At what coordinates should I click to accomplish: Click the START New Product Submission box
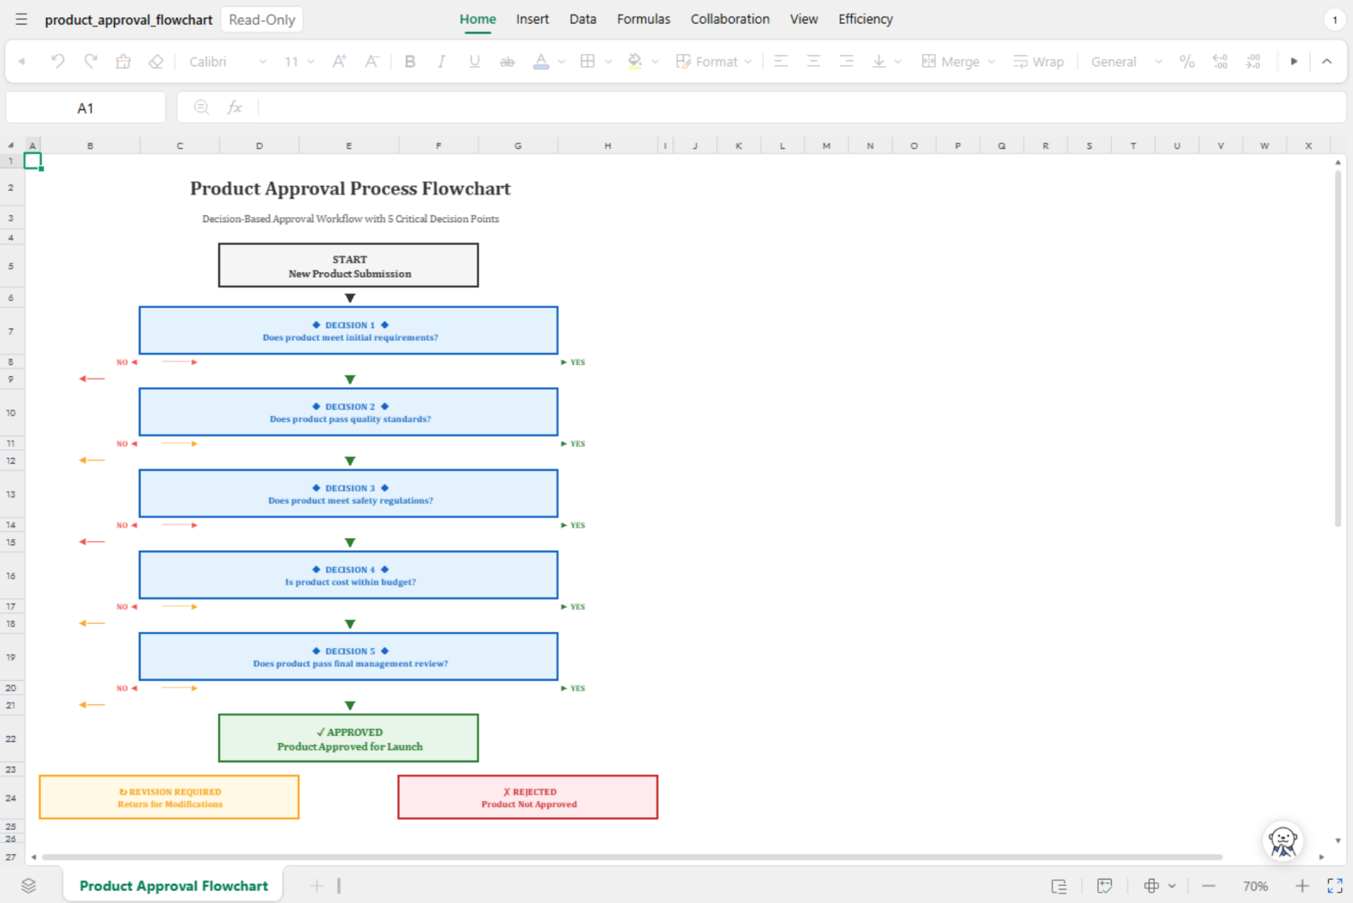(349, 266)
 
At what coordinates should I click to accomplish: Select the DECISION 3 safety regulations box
(349, 493)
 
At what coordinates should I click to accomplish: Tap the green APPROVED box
(349, 738)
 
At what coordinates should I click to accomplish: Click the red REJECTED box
(528, 797)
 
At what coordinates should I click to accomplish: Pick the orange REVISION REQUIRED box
(170, 797)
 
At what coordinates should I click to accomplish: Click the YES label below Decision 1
(578, 362)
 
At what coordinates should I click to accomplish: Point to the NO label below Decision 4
(122, 607)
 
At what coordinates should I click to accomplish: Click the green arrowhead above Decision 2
(350, 380)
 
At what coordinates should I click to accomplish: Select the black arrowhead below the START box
(350, 298)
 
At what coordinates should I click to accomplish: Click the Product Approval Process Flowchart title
(350, 188)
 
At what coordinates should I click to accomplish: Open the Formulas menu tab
(643, 19)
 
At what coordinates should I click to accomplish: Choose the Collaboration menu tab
(730, 19)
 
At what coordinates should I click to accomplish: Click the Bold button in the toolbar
(410, 62)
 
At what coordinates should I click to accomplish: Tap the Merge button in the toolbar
(951, 62)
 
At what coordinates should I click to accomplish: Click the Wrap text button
(1039, 62)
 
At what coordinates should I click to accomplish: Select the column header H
(608, 146)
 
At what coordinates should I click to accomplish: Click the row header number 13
(11, 494)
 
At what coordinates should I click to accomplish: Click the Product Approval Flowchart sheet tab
(174, 885)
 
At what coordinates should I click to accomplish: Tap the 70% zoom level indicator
(1255, 886)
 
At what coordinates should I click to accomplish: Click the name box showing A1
(85, 108)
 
